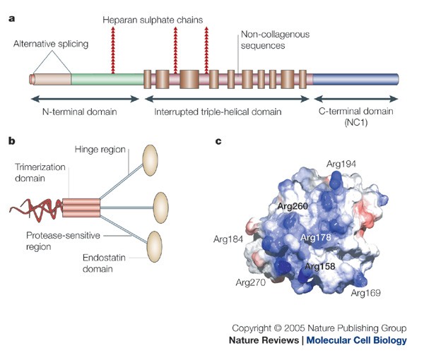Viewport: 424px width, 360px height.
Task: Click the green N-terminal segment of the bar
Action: point(106,78)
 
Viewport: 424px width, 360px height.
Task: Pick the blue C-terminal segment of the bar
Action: point(353,78)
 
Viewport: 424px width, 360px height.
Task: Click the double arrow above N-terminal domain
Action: point(78,97)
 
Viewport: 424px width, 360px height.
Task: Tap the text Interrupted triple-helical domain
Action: point(223,112)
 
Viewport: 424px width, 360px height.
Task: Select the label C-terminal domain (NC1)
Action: point(355,116)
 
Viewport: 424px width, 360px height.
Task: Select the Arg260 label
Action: point(294,207)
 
